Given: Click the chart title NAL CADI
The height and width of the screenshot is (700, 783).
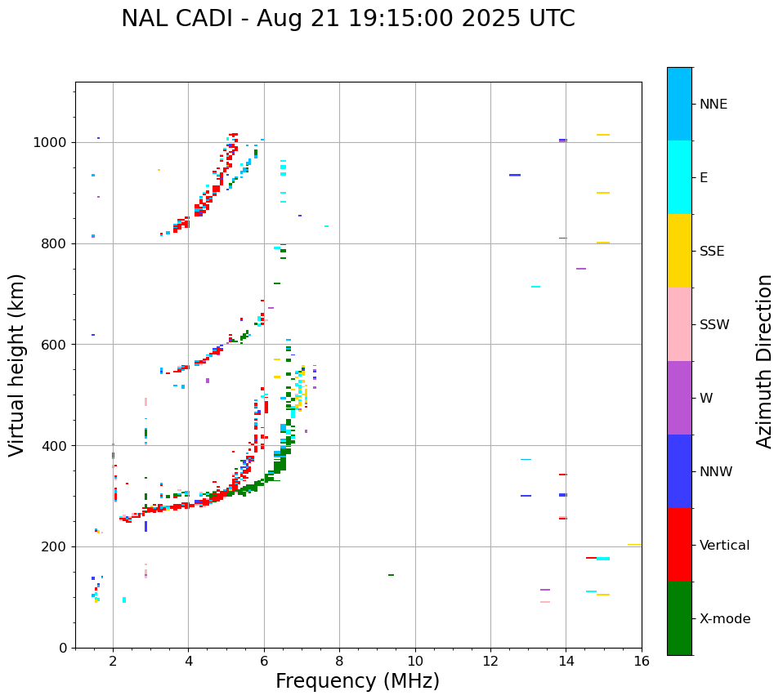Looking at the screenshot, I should pyautogui.click(x=347, y=19).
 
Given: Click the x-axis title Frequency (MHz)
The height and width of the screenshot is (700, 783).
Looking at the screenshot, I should pyautogui.click(x=357, y=681).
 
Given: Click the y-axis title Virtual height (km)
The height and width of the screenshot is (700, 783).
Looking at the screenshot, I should pyautogui.click(x=17, y=364).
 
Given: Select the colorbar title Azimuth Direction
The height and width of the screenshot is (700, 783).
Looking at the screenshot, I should pyautogui.click(x=764, y=360).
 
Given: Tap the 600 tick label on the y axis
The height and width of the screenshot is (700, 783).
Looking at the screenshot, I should pyautogui.click(x=56, y=345).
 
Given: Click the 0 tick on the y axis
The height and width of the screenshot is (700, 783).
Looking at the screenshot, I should pyautogui.click(x=64, y=648).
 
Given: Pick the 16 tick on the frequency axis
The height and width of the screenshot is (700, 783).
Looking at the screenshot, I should pyautogui.click(x=642, y=661).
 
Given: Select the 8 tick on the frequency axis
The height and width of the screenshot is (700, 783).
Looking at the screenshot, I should pyautogui.click(x=339, y=661).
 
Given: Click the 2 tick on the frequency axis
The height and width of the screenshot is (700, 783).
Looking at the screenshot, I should pyautogui.click(x=113, y=661).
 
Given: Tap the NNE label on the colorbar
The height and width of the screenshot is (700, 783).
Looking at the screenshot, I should pyautogui.click(x=713, y=105).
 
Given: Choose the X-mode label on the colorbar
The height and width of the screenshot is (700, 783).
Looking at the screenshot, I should pyautogui.click(x=724, y=619).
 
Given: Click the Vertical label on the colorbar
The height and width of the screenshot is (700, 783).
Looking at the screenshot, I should pyautogui.click(x=724, y=546).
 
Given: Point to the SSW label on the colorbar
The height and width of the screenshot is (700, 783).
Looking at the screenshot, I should pyautogui.click(x=714, y=325).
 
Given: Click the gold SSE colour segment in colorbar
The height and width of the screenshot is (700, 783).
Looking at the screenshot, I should pyautogui.click(x=679, y=251).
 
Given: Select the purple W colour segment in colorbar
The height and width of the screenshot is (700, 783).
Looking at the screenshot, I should pyautogui.click(x=679, y=398).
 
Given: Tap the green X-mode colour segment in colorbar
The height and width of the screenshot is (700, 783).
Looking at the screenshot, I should pyautogui.click(x=679, y=618).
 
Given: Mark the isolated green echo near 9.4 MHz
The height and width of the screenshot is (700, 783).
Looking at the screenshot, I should pyautogui.click(x=391, y=575).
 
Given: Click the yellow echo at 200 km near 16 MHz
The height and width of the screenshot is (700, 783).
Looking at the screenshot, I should pyautogui.click(x=634, y=545).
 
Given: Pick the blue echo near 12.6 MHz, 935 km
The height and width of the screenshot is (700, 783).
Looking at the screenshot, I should pyautogui.click(x=515, y=175).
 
